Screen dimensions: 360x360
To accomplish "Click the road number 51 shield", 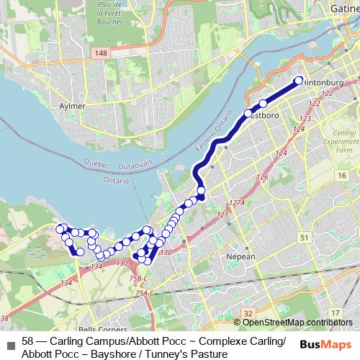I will (305, 237).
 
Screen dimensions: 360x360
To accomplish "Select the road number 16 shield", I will (341, 175).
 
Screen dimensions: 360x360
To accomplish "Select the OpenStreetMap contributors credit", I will (297, 322).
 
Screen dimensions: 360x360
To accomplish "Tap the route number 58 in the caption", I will (28, 340).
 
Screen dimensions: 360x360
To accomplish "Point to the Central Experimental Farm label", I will (345, 142).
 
